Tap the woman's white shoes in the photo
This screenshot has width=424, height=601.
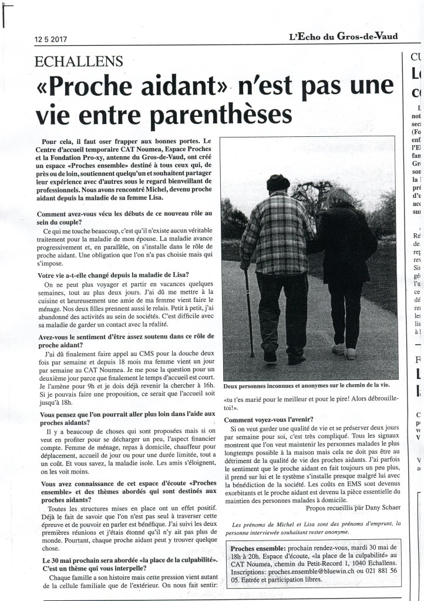click(345, 351)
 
